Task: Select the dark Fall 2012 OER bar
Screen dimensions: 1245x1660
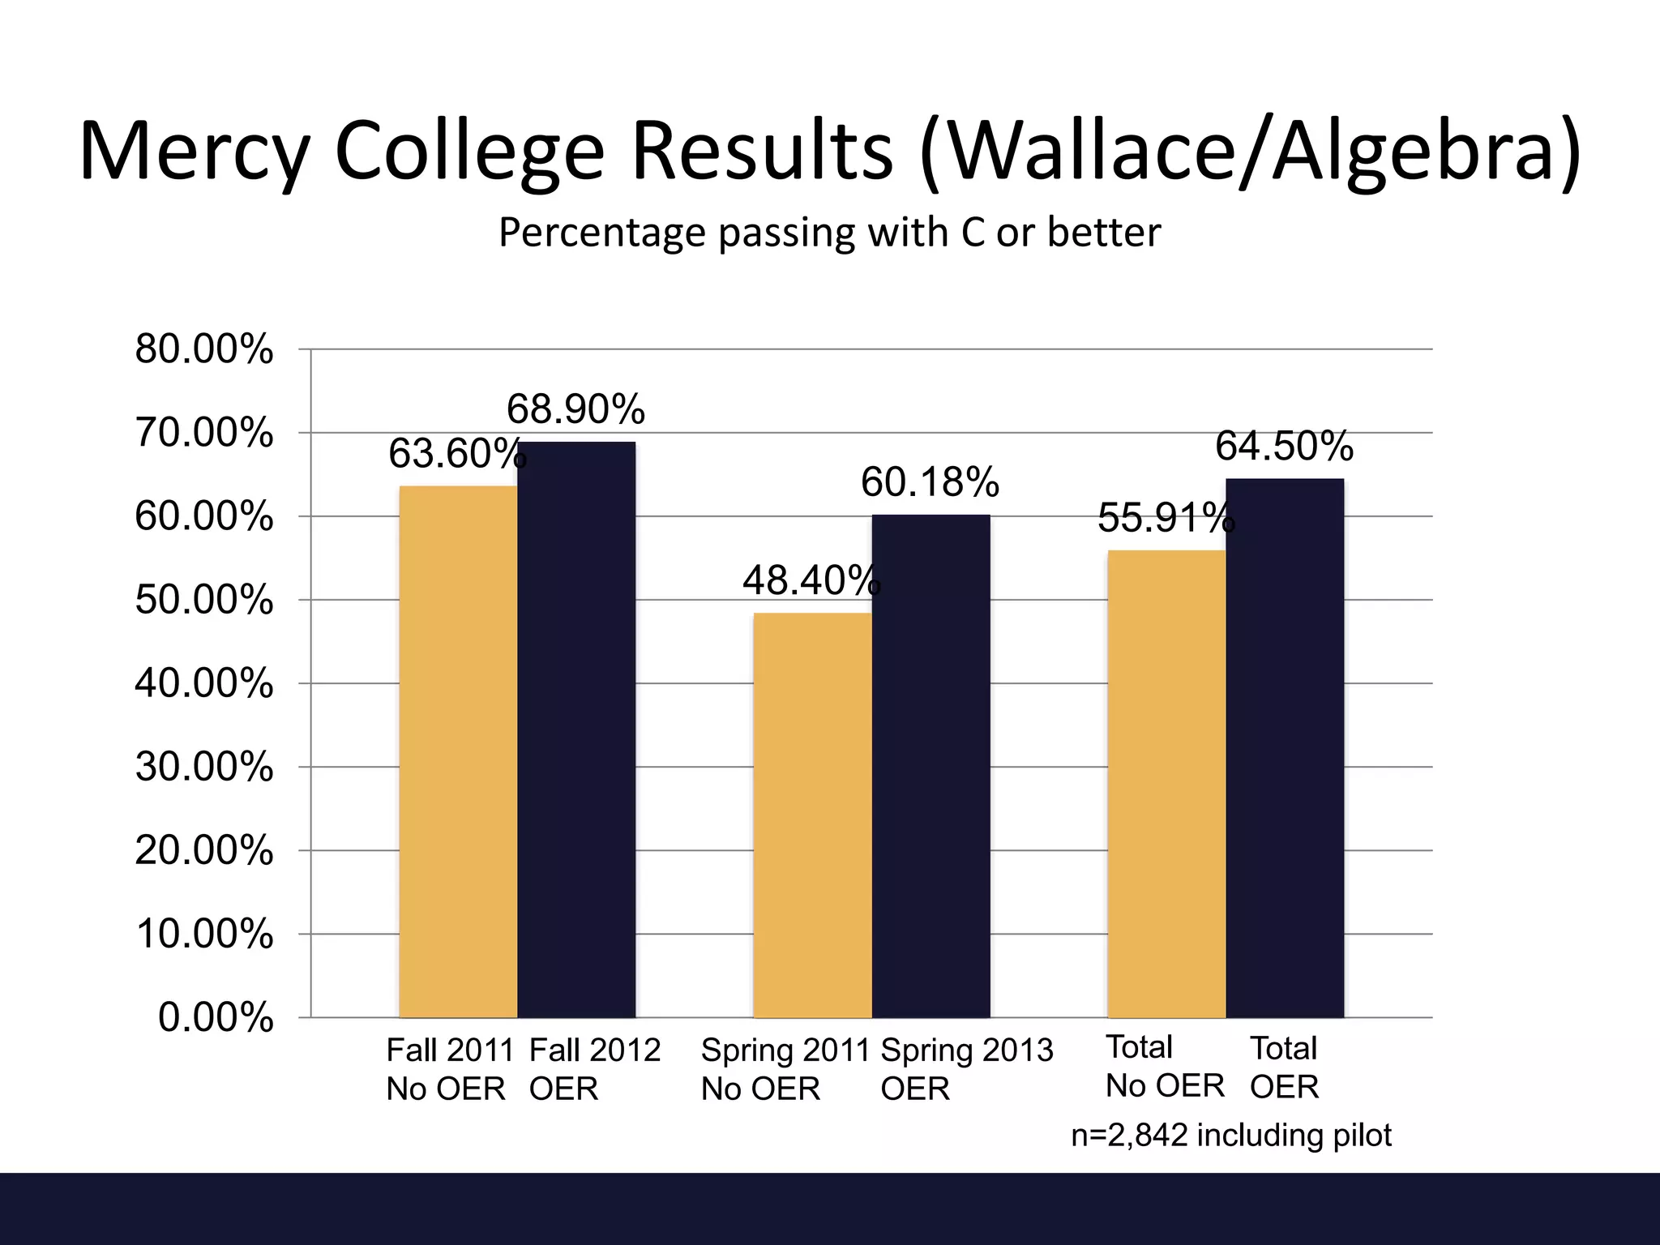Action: point(576,729)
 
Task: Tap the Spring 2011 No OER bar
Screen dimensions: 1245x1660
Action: point(812,815)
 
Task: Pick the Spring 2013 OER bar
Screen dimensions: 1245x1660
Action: point(931,766)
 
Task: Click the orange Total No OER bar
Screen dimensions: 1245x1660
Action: point(1166,784)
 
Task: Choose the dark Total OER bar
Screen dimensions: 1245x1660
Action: point(1285,748)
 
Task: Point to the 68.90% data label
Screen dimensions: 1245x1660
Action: point(575,409)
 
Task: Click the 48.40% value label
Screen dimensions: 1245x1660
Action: point(811,580)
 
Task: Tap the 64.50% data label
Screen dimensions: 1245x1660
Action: point(1284,447)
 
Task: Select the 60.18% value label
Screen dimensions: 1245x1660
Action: point(930,482)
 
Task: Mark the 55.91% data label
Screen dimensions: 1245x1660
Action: point(1166,518)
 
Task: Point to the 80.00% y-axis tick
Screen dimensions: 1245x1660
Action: point(204,350)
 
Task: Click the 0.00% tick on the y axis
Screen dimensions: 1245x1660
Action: point(216,1017)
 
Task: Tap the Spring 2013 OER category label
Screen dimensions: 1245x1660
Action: point(966,1069)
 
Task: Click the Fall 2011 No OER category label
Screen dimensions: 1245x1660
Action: point(450,1069)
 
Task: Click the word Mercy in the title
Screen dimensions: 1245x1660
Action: point(195,152)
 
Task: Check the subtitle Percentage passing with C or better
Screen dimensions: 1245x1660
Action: point(829,233)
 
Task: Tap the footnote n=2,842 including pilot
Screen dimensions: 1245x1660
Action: point(1230,1135)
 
